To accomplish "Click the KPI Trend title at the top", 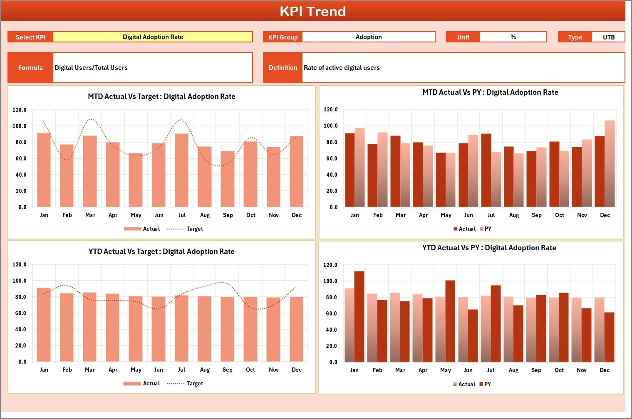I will pyautogui.click(x=312, y=11).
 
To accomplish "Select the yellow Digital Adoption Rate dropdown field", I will pyautogui.click(x=153, y=37).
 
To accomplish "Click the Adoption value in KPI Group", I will pyautogui.click(x=368, y=37).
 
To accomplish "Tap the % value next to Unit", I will pyautogui.click(x=513, y=37).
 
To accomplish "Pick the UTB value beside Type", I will pyautogui.click(x=608, y=37).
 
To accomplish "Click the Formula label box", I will pyautogui.click(x=30, y=68).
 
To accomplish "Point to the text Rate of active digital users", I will pyautogui.click(x=342, y=68).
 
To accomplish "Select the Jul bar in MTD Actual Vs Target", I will pyautogui.click(x=181, y=170).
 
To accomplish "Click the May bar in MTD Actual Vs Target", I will pyautogui.click(x=136, y=180).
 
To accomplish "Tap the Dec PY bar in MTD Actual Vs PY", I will pyautogui.click(x=610, y=164).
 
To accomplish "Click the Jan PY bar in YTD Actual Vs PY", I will pyautogui.click(x=359, y=317).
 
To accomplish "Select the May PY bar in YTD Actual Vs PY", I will pyautogui.click(x=450, y=321).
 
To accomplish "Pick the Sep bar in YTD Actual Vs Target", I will pyautogui.click(x=228, y=329).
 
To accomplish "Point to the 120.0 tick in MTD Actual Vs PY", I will pyautogui.click(x=330, y=110).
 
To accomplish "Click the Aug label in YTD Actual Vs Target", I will pyautogui.click(x=205, y=370).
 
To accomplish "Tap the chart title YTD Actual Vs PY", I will pyautogui.click(x=489, y=248).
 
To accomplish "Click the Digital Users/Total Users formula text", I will pyautogui.click(x=91, y=68).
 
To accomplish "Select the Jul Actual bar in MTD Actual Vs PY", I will pyautogui.click(x=486, y=170).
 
